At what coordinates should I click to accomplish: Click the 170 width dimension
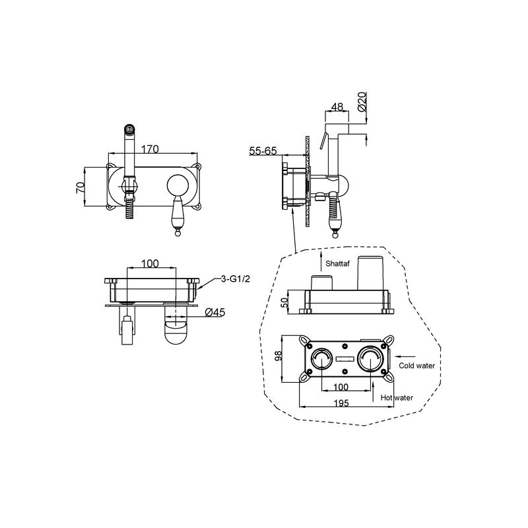(x=150, y=148)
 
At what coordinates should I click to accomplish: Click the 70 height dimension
(x=80, y=187)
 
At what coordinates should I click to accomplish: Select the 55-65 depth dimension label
(x=263, y=151)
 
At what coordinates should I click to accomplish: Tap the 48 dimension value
(x=337, y=107)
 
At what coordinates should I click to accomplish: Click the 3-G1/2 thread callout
(x=236, y=279)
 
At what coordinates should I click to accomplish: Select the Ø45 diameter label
(x=215, y=312)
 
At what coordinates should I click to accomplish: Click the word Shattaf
(x=337, y=263)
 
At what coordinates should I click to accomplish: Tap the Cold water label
(x=416, y=366)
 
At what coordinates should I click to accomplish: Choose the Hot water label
(x=397, y=398)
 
